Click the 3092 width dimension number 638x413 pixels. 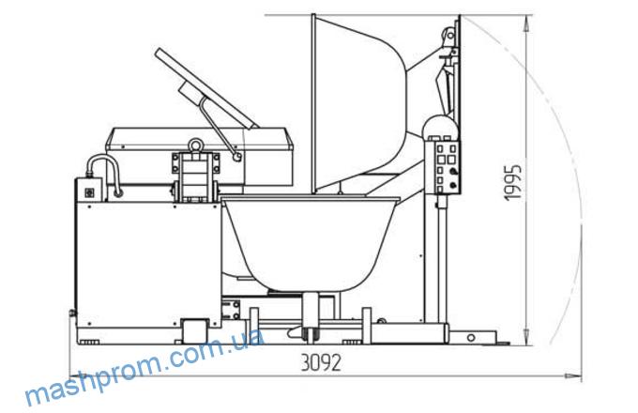[320, 362]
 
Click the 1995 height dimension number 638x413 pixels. [512, 182]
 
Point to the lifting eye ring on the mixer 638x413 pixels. [196, 145]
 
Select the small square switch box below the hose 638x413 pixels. [89, 192]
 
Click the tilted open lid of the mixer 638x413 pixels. [206, 88]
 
